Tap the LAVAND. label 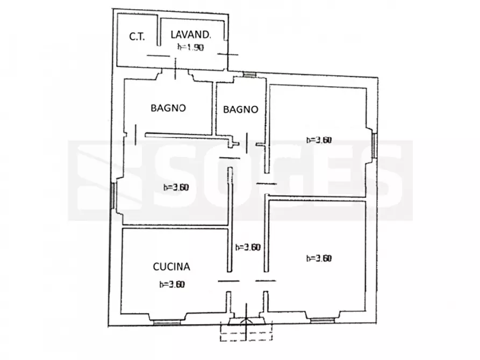[191, 35]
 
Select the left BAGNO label [168, 108]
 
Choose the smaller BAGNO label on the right [240, 110]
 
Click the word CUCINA [171, 265]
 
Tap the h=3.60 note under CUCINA [172, 285]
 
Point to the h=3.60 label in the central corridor [248, 248]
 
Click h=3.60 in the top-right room [319, 140]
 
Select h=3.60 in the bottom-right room [319, 258]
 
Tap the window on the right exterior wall [374, 145]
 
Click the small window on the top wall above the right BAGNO [249, 75]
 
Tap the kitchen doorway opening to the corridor [228, 280]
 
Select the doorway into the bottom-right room [264, 280]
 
